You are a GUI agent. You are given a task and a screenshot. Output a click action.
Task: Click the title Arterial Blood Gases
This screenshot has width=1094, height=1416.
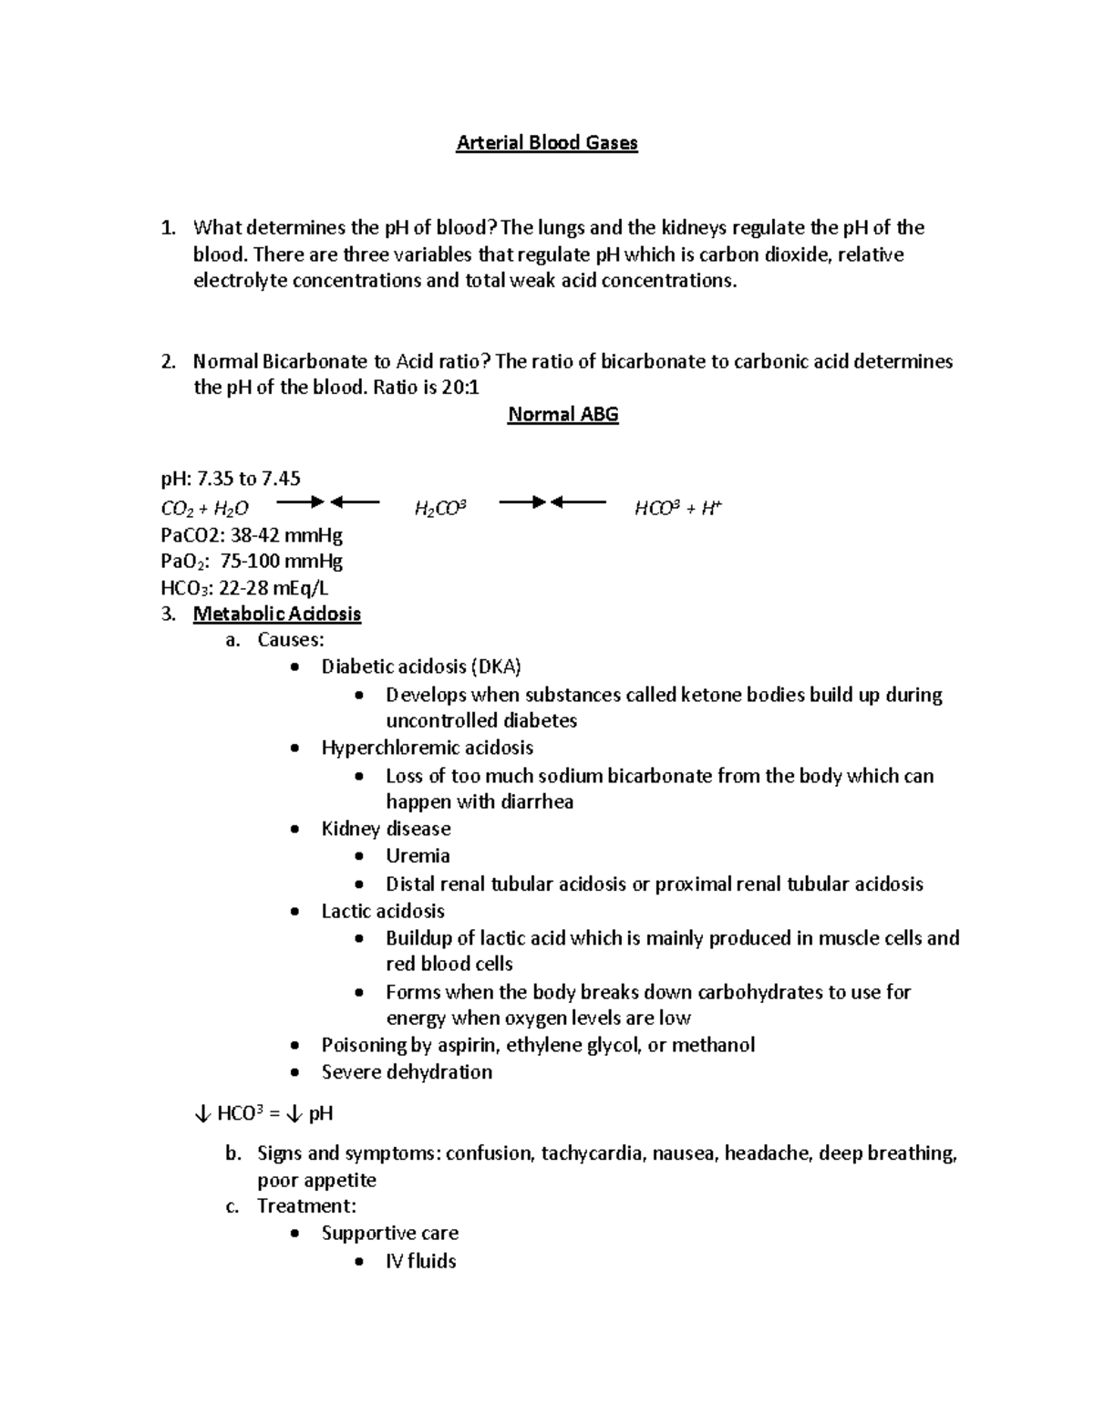click(547, 143)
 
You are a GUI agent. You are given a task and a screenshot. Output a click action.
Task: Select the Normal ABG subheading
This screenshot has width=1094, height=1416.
click(562, 415)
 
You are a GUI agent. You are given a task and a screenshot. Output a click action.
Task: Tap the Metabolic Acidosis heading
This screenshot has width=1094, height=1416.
click(277, 614)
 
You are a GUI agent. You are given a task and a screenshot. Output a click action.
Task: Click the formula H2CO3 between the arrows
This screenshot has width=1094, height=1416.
click(440, 509)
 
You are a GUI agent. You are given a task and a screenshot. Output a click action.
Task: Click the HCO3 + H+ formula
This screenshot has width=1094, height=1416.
click(677, 509)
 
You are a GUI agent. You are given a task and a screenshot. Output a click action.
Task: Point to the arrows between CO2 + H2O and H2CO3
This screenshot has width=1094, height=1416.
click(327, 501)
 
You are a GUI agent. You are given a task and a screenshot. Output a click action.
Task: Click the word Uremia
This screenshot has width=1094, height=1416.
click(418, 855)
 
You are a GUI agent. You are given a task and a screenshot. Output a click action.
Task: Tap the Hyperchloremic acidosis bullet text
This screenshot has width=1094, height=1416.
click(427, 748)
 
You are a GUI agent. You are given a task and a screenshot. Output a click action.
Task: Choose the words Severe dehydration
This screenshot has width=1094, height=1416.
click(407, 1072)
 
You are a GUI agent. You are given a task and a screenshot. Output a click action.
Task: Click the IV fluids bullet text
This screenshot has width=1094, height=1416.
click(420, 1261)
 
